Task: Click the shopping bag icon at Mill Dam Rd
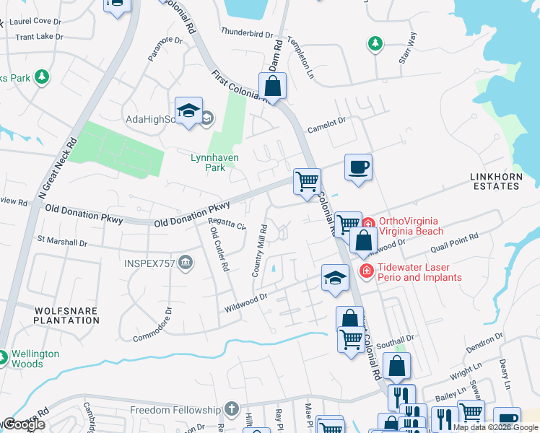(x=273, y=86)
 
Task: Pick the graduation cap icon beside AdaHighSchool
(x=188, y=110)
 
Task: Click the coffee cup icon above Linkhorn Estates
(x=358, y=167)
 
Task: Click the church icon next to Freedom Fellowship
(x=231, y=409)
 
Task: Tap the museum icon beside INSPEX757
(x=186, y=263)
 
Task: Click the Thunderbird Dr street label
(x=247, y=33)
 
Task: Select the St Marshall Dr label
(x=61, y=241)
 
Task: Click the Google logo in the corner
(x=25, y=424)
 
